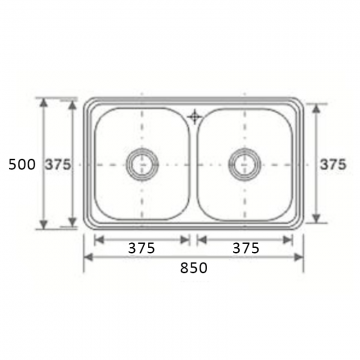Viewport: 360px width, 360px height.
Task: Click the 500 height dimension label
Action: coord(22,165)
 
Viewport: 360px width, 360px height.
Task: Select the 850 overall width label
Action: coord(194,268)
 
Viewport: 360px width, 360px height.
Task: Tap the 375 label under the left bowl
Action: coord(142,248)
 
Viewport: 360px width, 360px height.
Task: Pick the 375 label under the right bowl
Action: coord(246,248)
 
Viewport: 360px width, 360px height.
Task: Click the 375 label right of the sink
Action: coord(333,164)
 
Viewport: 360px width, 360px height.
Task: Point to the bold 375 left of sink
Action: coord(58,164)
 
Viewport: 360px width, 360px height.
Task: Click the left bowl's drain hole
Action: coord(142,164)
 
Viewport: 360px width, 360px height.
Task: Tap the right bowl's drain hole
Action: coord(245,164)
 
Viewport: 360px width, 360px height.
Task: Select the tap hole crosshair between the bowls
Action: coord(194,117)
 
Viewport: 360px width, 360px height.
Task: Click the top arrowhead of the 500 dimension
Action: coord(43,103)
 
